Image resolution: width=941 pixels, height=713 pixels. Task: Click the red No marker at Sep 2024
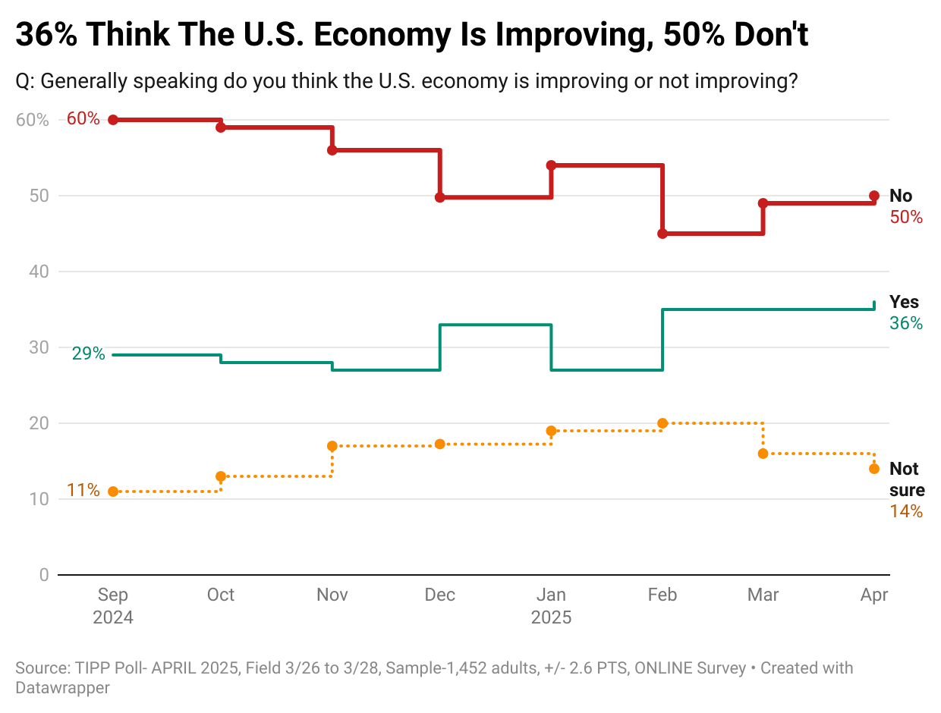click(113, 120)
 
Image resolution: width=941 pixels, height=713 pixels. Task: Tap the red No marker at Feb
click(662, 234)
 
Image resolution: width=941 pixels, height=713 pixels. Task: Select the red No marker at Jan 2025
click(551, 165)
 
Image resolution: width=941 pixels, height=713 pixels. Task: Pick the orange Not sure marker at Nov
click(332, 446)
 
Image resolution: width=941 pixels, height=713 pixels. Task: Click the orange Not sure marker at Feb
click(662, 423)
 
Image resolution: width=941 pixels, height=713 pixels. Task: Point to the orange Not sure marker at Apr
click(874, 469)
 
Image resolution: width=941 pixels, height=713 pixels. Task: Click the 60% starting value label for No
click(83, 119)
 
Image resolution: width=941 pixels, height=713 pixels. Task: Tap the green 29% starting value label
click(88, 353)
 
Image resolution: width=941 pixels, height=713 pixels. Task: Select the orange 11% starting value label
click(83, 490)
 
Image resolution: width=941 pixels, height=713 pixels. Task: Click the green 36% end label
click(906, 323)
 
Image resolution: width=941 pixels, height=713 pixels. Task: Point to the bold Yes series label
click(904, 303)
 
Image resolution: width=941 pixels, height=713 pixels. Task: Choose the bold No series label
click(901, 196)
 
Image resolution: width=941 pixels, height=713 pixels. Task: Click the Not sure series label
click(906, 479)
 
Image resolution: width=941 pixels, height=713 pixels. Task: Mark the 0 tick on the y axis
click(44, 575)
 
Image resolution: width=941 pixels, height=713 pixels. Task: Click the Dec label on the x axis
click(440, 595)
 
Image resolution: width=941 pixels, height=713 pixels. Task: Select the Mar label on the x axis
click(763, 595)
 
